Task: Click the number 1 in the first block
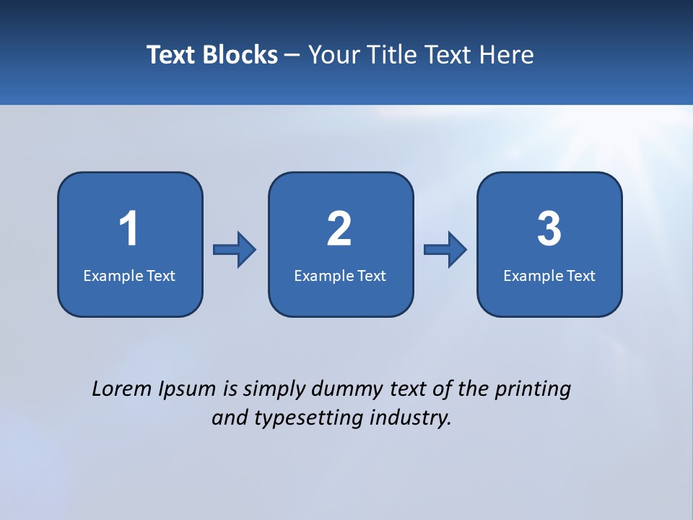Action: (128, 230)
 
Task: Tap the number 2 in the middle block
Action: (339, 230)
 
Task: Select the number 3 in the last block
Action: (549, 230)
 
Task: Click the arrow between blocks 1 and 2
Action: (235, 250)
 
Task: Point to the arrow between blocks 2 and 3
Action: (445, 250)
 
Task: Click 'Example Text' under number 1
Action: (129, 276)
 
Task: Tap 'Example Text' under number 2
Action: (340, 276)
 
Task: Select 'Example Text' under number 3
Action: (549, 276)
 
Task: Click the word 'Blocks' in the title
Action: (240, 55)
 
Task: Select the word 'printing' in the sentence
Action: (533, 390)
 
